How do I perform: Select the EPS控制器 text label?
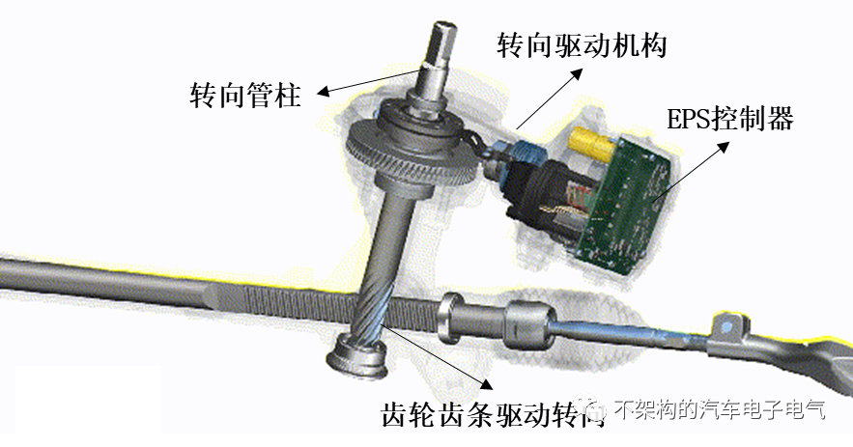pos(730,119)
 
